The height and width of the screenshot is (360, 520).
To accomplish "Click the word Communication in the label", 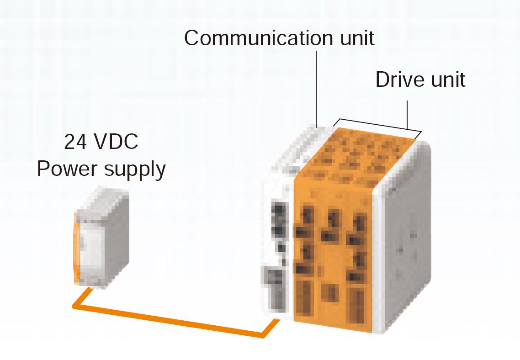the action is pos(259,38).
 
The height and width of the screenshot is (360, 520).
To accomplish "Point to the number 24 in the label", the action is pos(75,142).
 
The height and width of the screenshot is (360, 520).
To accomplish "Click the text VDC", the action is pos(116,142).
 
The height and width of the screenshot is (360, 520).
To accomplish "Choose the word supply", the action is pos(135,170).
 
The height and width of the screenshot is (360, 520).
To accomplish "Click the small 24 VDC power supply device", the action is pos(101,238).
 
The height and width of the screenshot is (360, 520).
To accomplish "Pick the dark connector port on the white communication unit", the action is pos(279,221).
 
